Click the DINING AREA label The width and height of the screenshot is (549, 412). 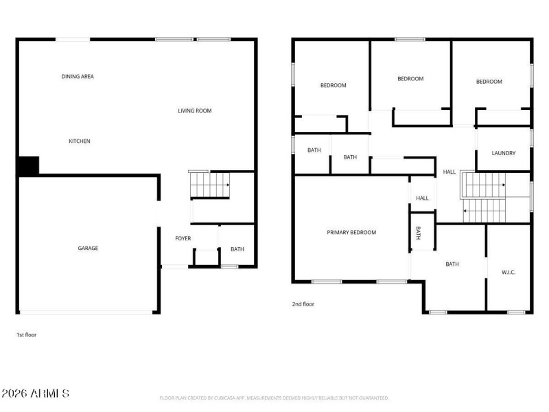[78, 76]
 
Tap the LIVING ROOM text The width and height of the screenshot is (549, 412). [195, 111]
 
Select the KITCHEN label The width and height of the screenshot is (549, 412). [79, 141]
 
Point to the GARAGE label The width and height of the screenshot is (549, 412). [87, 248]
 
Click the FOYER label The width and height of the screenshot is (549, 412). [183, 238]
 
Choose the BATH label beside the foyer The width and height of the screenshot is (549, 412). [237, 249]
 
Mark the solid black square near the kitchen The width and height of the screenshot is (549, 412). [28, 165]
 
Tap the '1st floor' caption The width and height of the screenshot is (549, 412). [27, 335]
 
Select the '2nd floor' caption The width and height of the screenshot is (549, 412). [303, 304]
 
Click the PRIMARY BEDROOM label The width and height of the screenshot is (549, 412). [351, 232]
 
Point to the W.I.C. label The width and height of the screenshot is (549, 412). [509, 272]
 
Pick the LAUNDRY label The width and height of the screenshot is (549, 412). [503, 153]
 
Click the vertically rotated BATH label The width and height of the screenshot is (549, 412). [419, 233]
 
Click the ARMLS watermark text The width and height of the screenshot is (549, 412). [36, 393]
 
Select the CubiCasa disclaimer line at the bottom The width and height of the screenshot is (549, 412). [274, 398]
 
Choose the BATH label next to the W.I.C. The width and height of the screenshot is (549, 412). [452, 264]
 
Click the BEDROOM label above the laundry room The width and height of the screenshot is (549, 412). [489, 82]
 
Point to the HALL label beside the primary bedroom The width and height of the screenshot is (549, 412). [422, 198]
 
